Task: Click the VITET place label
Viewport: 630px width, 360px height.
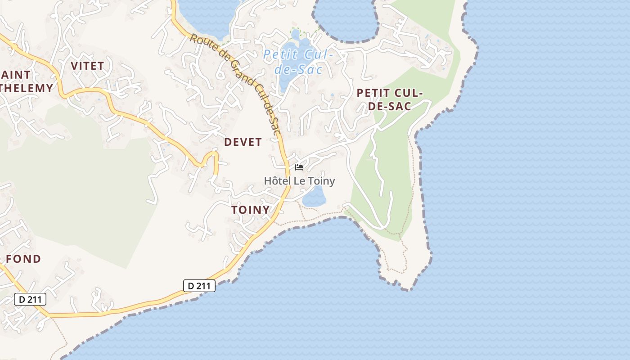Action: [87, 66]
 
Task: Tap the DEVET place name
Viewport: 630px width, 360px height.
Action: [243, 142]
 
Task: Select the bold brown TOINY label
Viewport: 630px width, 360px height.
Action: [250, 210]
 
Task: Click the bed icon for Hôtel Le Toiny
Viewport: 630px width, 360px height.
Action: [299, 167]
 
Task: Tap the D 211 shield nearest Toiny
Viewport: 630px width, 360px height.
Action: [199, 285]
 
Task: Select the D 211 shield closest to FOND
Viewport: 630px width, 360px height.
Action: [30, 299]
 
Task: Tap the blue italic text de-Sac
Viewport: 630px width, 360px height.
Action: [299, 70]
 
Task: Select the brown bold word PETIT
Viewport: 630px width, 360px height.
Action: [377, 93]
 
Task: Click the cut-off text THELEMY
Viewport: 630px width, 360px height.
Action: [26, 88]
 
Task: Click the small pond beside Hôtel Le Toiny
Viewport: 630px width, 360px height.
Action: [314, 197]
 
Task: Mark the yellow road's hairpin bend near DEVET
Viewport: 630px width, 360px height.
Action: [212, 155]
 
